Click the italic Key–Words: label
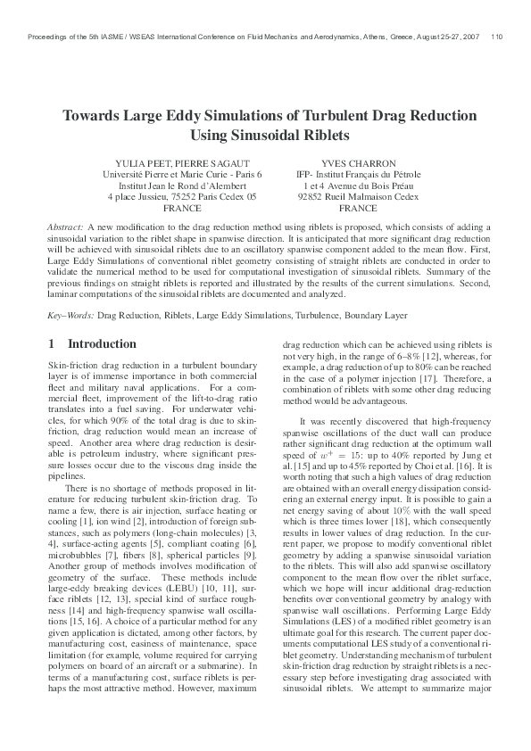pyautogui.click(x=71, y=316)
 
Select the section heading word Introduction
pyautogui.click(x=102, y=343)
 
